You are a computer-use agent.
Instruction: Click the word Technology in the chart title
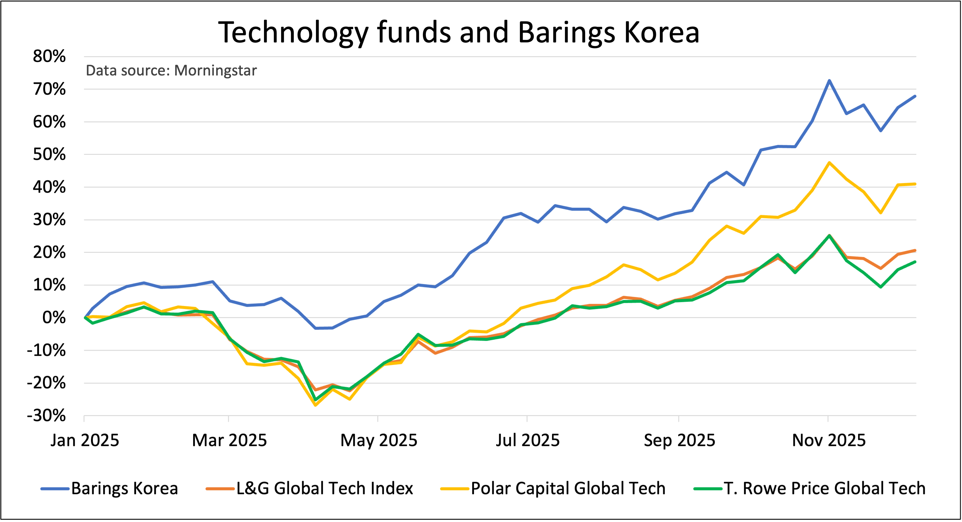pos(293,32)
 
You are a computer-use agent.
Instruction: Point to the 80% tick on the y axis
pos(49,56)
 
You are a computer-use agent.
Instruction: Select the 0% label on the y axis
pos(54,318)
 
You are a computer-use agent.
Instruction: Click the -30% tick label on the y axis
pos(46,416)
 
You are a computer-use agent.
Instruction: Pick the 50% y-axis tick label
pos(49,154)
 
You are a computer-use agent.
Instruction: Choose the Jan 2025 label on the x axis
pos(85,440)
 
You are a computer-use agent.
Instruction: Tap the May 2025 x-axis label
pos(379,440)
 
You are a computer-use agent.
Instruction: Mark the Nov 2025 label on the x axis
pos(829,440)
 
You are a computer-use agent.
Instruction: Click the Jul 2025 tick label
pos(527,440)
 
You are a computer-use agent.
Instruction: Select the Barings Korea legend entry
pos(110,488)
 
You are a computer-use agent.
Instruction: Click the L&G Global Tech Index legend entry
pos(310,488)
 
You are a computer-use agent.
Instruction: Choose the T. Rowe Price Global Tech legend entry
pos(810,488)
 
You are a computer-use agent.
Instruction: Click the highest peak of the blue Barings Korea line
pos(829,81)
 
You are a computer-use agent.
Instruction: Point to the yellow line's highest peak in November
pos(829,163)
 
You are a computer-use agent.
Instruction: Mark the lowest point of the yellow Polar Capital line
pos(316,405)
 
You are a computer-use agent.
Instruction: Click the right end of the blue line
pos(915,96)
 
